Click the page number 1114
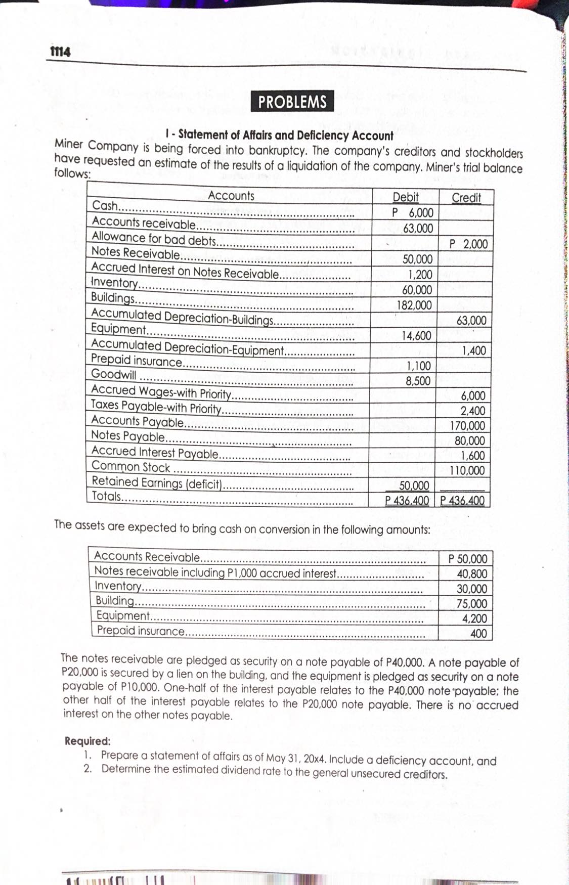pyautogui.click(x=60, y=52)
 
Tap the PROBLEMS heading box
pyautogui.click(x=292, y=102)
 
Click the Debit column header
pyautogui.click(x=405, y=197)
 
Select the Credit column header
pyautogui.click(x=466, y=198)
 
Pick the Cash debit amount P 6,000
pyautogui.click(x=413, y=213)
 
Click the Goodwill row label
pyautogui.click(x=113, y=374)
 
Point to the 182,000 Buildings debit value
pyautogui.click(x=414, y=305)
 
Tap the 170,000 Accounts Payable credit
pyautogui.click(x=467, y=426)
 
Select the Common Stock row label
pyautogui.click(x=130, y=467)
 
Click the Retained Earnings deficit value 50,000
pyautogui.click(x=414, y=486)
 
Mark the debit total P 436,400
pyautogui.click(x=407, y=501)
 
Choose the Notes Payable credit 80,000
pyautogui.click(x=469, y=440)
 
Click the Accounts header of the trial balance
pyautogui.click(x=231, y=196)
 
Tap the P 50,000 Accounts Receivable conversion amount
pyautogui.click(x=468, y=559)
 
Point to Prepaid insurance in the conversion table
pyautogui.click(x=141, y=631)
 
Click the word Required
pyautogui.click(x=87, y=741)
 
